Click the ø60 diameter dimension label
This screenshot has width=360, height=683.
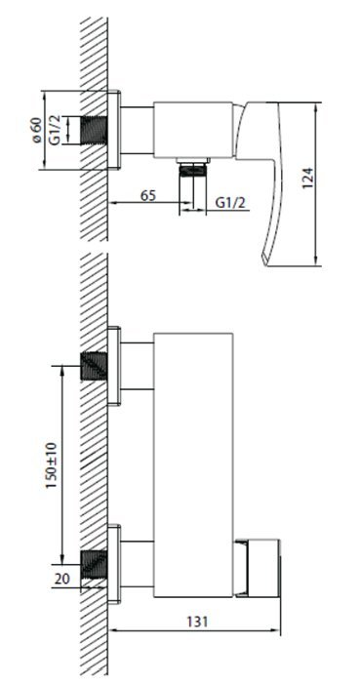point(36,130)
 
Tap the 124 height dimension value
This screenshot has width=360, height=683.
point(307,178)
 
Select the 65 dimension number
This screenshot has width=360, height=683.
point(148,195)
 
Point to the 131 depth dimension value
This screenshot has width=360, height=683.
point(197,623)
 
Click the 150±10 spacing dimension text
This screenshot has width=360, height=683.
point(52,464)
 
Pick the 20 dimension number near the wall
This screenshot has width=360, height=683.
point(61,579)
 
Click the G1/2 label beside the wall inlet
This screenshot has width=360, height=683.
point(55,130)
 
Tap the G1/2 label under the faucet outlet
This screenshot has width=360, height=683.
point(230,203)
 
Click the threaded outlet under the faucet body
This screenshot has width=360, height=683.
point(193,169)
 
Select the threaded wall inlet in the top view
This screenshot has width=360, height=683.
point(94,130)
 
